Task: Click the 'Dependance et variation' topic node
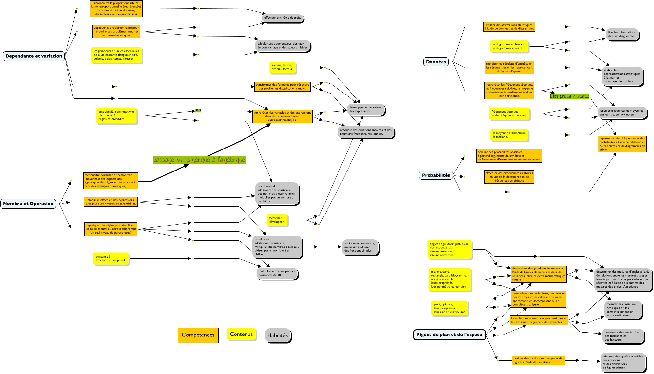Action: [x=34, y=56]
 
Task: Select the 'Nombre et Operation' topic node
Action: [x=28, y=203]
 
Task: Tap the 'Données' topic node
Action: [x=436, y=62]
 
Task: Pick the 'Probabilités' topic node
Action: [x=436, y=175]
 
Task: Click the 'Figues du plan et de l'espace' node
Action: [x=449, y=335]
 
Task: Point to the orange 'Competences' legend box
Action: [x=198, y=335]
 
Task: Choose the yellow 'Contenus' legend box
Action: [x=241, y=334]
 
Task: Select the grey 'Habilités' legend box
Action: [x=277, y=335]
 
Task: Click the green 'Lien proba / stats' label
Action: [x=569, y=96]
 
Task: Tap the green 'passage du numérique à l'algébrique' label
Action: [x=199, y=160]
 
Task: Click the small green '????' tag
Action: [x=198, y=111]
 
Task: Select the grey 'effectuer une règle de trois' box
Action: [x=282, y=18]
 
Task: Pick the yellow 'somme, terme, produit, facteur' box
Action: [x=282, y=67]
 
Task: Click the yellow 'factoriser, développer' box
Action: [x=277, y=220]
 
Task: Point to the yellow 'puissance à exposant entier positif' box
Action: [x=111, y=258]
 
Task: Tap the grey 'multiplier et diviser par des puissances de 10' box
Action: [x=277, y=273]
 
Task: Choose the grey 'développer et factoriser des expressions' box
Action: [x=365, y=109]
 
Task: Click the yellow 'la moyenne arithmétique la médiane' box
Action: [x=509, y=135]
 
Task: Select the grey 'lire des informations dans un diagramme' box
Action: [x=622, y=34]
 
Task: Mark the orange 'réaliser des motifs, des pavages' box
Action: [x=538, y=360]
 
